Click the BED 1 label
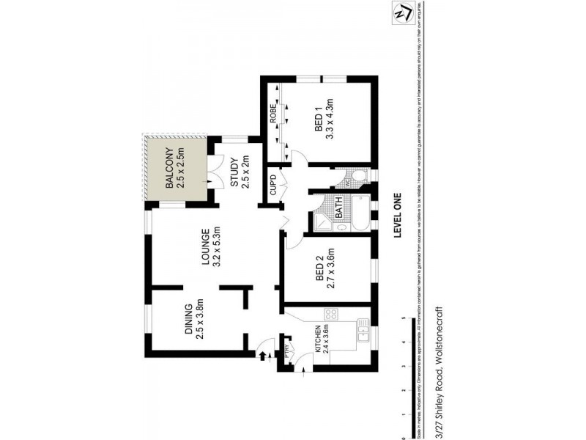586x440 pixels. pyautogui.click(x=319, y=117)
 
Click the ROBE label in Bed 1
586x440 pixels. pyautogui.click(x=272, y=115)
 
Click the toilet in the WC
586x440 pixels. pyautogui.click(x=357, y=176)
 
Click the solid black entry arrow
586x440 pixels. pyautogui.click(x=262, y=356)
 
